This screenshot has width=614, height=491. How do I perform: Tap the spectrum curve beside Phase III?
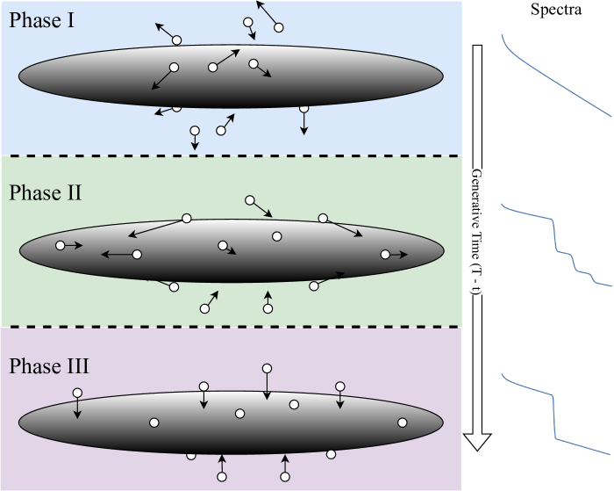coord(555,413)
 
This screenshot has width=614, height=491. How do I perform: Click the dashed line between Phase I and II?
coord(231,155)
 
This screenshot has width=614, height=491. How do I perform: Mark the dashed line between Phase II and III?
coord(231,327)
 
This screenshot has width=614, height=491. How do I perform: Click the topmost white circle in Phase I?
coord(279,27)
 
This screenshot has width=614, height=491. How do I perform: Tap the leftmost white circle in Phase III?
coord(77,393)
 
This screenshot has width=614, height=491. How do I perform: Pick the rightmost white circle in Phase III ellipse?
coord(403,422)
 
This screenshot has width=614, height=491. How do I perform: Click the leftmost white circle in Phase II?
coord(61,246)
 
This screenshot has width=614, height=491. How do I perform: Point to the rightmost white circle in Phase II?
coord(384,255)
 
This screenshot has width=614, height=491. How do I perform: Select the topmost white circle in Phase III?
coord(268,368)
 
